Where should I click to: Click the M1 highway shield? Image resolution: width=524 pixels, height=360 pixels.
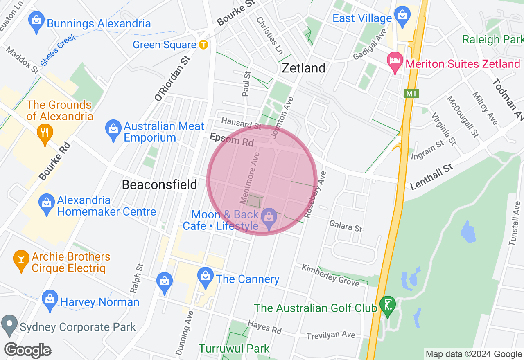coord(411,94)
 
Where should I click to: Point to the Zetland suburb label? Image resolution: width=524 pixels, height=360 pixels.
coord(304,68)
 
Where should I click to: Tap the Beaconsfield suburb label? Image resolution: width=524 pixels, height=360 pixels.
coord(160,185)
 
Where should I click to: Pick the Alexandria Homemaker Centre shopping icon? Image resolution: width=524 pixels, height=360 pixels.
coord(47,203)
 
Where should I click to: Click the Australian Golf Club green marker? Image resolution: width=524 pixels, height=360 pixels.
coord(387,305)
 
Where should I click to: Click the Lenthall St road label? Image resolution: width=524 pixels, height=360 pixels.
coord(431,176)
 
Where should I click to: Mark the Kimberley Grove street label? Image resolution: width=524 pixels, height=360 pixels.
coord(330,275)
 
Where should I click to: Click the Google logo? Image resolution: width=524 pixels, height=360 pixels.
coord(28,351)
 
